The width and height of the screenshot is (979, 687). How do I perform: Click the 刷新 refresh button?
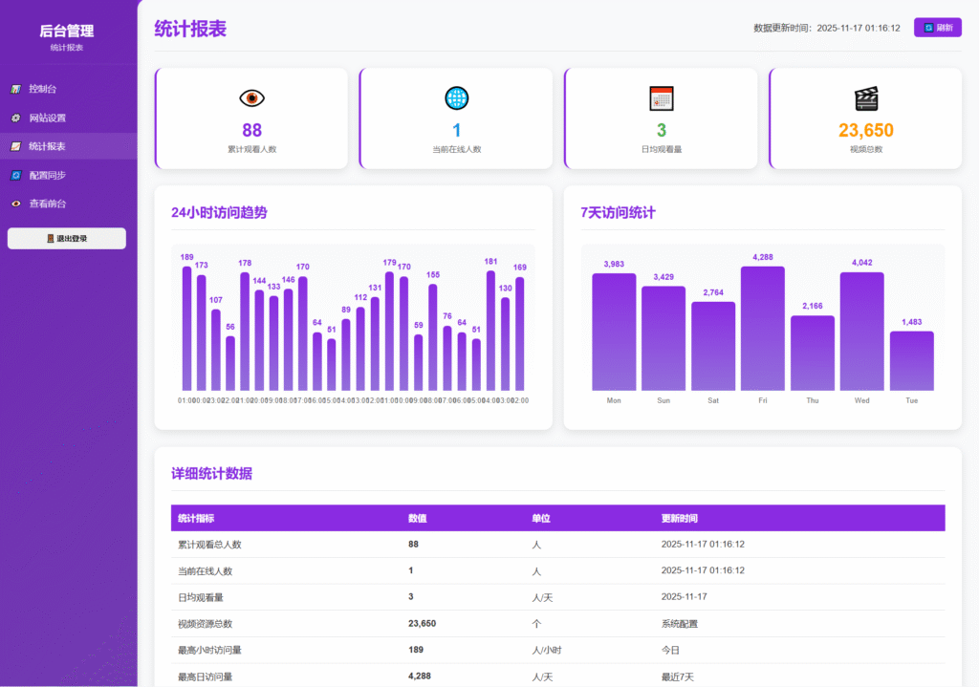coord(937,28)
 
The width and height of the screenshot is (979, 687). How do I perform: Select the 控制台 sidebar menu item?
coord(43,89)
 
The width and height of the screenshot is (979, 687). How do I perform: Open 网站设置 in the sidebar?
coord(47,118)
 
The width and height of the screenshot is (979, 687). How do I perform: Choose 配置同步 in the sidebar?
coord(47,175)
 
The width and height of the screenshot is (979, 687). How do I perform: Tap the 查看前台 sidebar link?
coord(47,204)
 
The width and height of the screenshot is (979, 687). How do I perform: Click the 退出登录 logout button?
coord(67,238)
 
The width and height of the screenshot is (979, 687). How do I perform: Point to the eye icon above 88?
coord(251,97)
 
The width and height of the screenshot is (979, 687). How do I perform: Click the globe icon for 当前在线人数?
coord(456,97)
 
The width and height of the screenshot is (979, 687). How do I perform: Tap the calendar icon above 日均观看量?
coord(662,97)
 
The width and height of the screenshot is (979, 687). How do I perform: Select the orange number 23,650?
coord(865,130)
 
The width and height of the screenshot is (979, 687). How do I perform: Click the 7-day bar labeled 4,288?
coord(762,328)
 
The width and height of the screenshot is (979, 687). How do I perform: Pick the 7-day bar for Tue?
coord(911,360)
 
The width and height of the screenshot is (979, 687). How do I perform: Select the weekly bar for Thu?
coord(812,353)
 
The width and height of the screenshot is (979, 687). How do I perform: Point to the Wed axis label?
coord(861,400)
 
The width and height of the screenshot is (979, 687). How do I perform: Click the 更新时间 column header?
coord(679,518)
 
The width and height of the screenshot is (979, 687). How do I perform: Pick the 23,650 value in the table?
coord(422,623)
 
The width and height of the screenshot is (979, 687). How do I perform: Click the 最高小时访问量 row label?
coord(209,650)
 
